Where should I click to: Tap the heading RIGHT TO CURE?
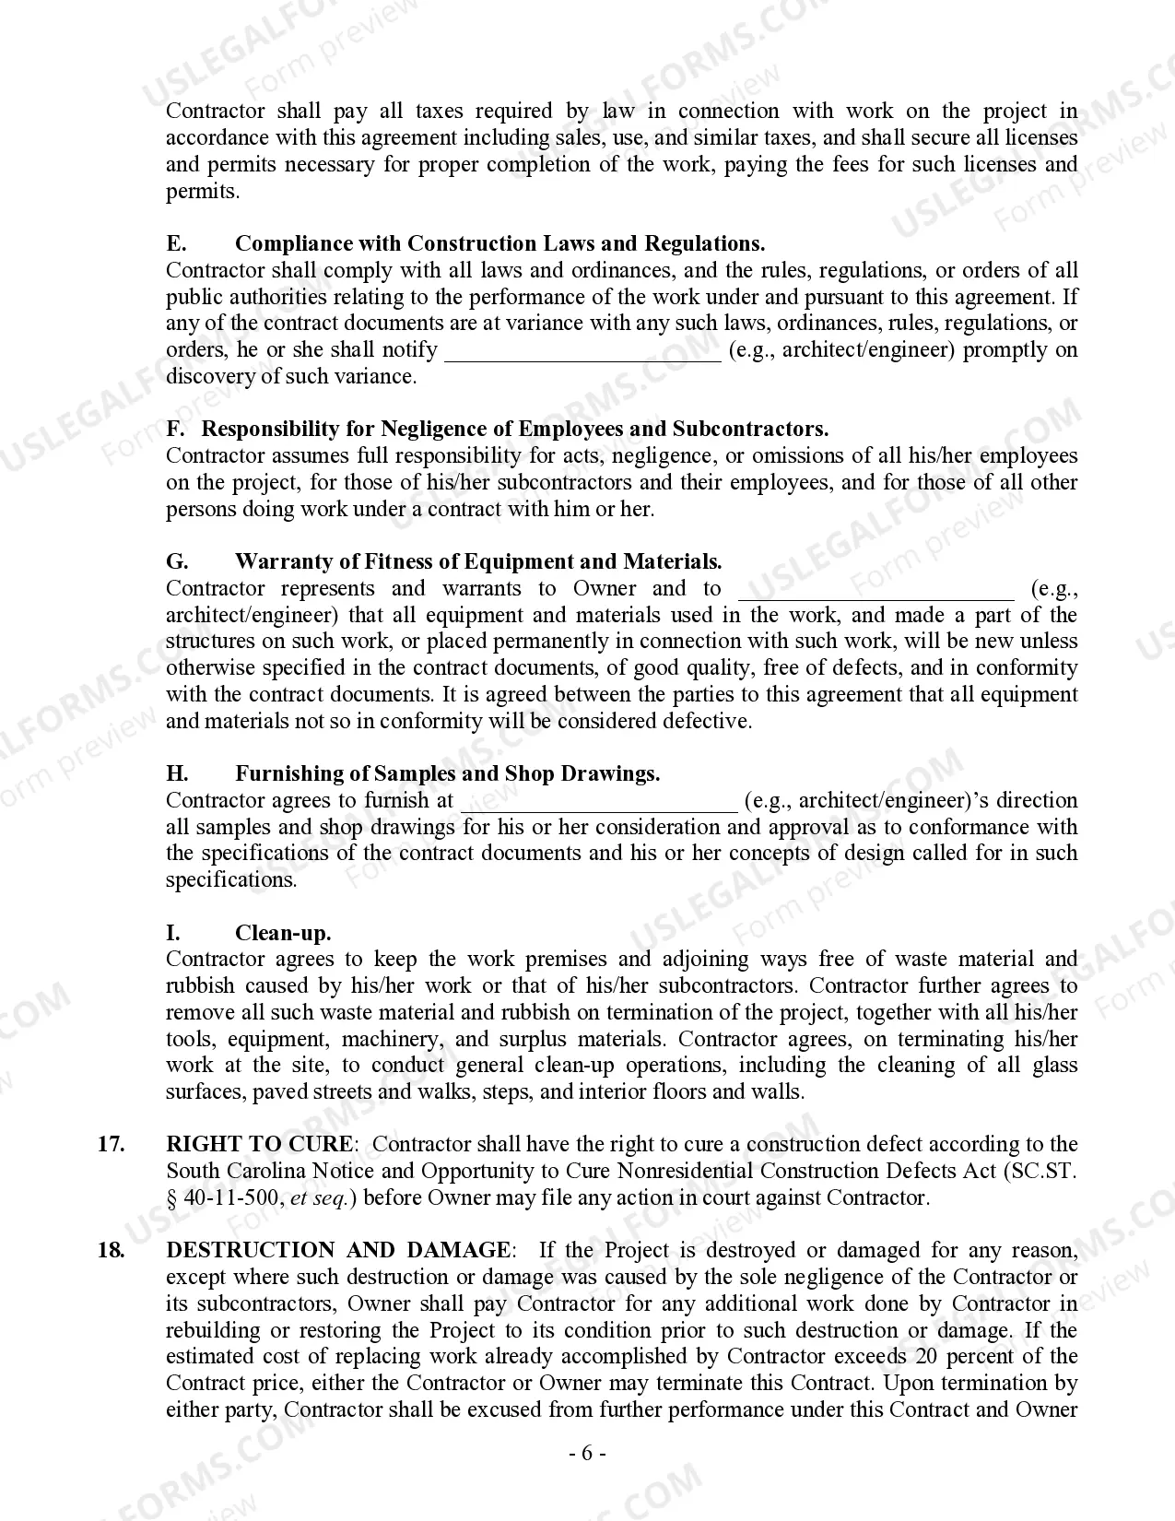click(x=259, y=1145)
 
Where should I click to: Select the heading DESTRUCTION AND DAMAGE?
click(x=337, y=1251)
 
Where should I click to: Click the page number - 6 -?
click(x=587, y=1454)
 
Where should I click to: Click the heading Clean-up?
click(x=283, y=933)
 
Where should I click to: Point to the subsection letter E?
click(x=176, y=244)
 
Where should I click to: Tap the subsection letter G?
click(x=177, y=562)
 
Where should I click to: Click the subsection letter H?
click(x=177, y=774)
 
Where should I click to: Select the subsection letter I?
click(x=173, y=933)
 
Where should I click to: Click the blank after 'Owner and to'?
click(x=875, y=590)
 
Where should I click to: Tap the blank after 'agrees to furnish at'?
click(x=599, y=802)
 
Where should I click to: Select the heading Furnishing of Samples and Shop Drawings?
click(x=447, y=774)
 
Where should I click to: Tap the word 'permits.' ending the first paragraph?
click(x=202, y=192)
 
